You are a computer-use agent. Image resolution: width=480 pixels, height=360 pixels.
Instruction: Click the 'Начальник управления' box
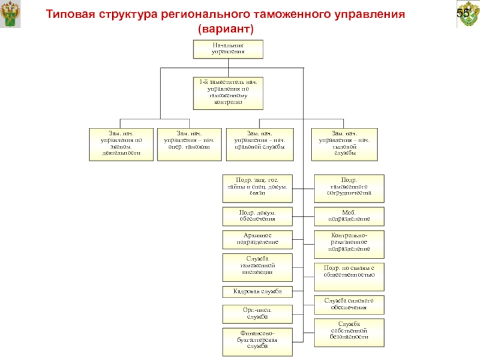click(x=228, y=49)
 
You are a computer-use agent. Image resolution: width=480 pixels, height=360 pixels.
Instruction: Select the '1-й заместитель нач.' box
click(x=228, y=92)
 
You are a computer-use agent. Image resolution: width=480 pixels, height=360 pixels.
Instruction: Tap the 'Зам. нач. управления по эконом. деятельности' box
click(x=121, y=144)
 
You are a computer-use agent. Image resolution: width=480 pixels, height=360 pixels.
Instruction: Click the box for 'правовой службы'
click(x=260, y=144)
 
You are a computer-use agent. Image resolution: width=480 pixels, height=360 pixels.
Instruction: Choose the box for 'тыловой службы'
click(x=344, y=144)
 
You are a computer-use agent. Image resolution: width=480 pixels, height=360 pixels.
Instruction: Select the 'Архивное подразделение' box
click(x=257, y=239)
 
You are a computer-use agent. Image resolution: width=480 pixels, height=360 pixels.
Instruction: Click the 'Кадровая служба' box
click(x=257, y=292)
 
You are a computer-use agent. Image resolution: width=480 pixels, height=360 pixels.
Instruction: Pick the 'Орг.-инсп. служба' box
click(x=257, y=313)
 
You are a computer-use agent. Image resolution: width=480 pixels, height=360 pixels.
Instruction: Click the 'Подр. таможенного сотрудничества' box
click(x=349, y=187)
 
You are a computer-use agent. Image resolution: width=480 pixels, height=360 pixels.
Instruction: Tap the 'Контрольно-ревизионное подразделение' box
click(x=349, y=242)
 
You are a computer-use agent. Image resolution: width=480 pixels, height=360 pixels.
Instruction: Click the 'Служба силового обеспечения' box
click(x=349, y=304)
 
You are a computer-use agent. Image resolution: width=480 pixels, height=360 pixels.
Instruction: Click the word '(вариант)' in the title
click(x=226, y=29)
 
